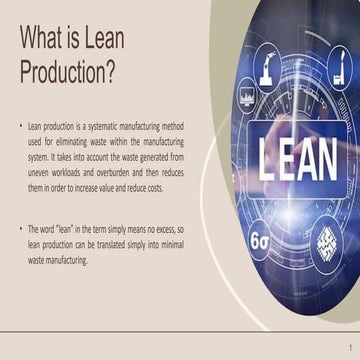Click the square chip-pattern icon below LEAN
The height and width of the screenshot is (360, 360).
pos(327,241)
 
